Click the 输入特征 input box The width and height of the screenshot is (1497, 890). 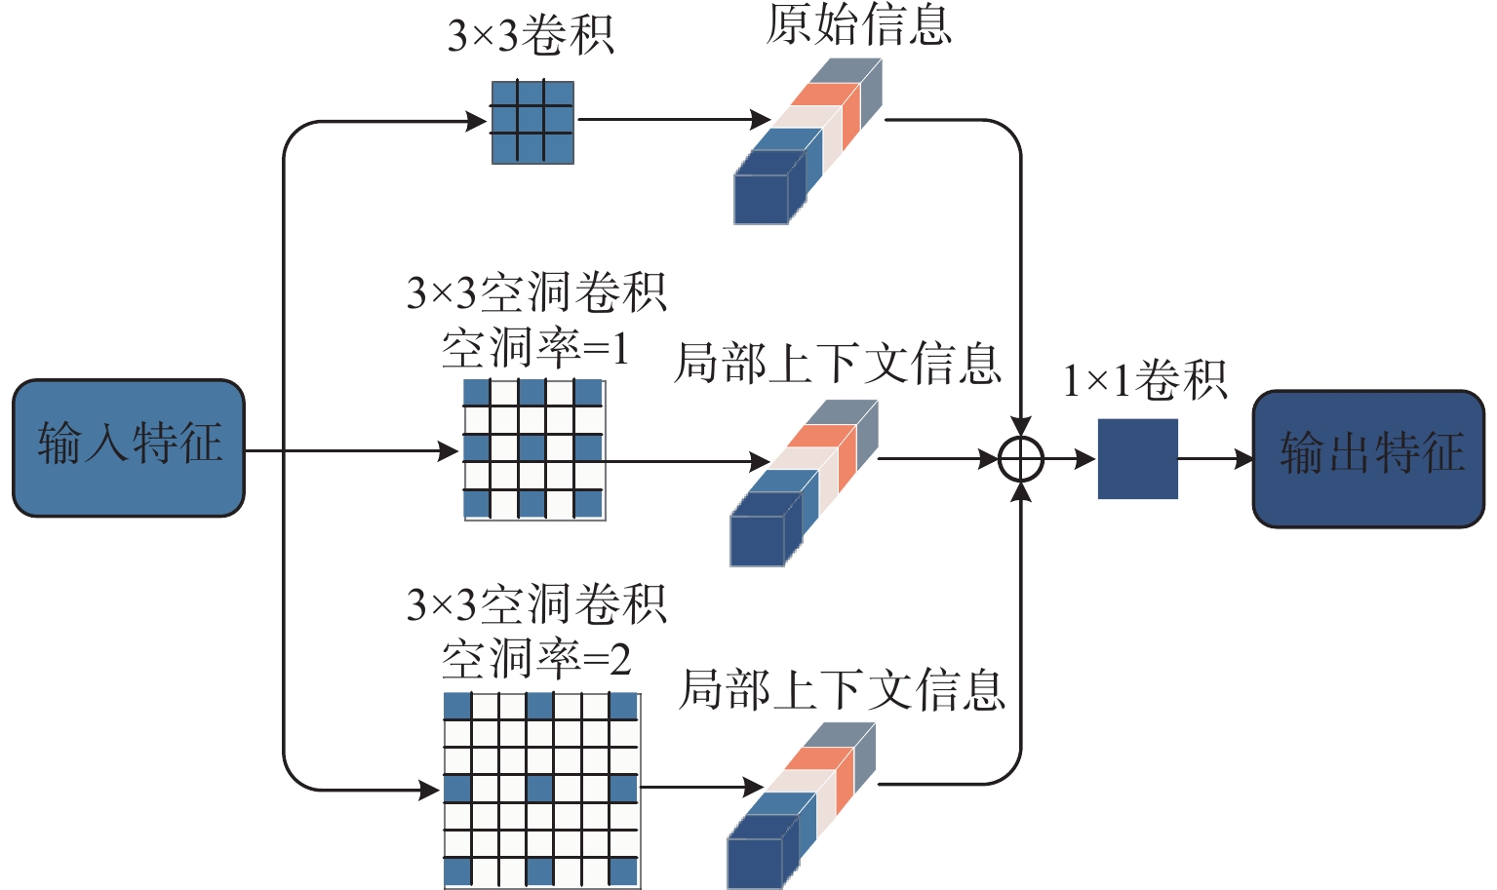coord(128,447)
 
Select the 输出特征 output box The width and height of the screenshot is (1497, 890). coord(1368,458)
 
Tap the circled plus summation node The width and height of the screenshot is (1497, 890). coord(1021,459)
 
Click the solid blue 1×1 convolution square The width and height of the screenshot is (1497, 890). coord(1137,459)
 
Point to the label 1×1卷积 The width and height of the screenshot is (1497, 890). coord(1144,380)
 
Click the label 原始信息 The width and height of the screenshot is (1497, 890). coord(858,24)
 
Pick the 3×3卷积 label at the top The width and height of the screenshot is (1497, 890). coord(531,36)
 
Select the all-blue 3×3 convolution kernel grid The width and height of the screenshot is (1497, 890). coord(532,122)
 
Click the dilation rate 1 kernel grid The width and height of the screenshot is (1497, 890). coord(533,449)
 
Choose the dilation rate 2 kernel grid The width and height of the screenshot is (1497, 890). coord(541,790)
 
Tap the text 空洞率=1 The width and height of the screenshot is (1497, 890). coord(535,348)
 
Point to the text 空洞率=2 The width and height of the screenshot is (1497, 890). coord(536,660)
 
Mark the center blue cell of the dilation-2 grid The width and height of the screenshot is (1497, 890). coord(540,789)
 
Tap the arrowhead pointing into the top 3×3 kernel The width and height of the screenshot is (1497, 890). coord(477,122)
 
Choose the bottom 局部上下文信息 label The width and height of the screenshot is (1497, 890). coord(841,690)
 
